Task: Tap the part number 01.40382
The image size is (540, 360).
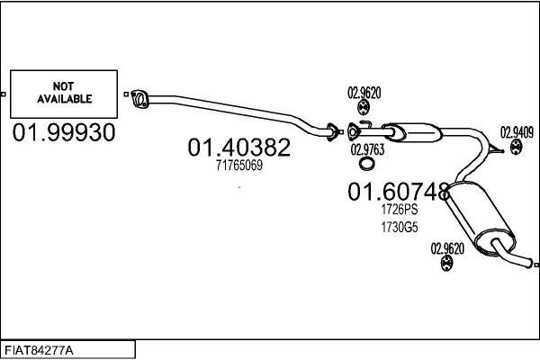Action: (x=238, y=147)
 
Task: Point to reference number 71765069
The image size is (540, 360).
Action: (x=238, y=166)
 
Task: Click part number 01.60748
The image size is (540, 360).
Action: (x=398, y=191)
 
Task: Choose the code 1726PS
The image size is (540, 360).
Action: (x=399, y=209)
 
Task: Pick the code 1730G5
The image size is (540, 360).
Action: (x=399, y=227)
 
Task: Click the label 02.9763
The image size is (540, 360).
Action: (x=366, y=149)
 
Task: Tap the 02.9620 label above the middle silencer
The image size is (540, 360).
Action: (x=364, y=92)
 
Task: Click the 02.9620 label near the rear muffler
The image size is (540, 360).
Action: (x=447, y=248)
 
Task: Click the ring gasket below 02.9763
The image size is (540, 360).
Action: (x=367, y=164)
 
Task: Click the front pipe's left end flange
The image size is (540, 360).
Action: (x=139, y=96)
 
